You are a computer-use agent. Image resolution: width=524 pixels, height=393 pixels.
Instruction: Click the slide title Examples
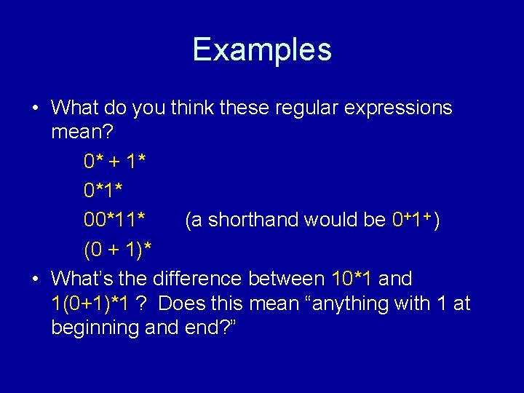[262, 49]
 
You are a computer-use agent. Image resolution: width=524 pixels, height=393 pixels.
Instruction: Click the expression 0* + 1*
[116, 160]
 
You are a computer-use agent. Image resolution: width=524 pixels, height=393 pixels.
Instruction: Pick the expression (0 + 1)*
[118, 250]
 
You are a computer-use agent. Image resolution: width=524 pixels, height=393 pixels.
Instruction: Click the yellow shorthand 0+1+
[410, 220]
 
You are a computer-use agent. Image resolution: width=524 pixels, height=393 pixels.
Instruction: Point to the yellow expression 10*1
[352, 279]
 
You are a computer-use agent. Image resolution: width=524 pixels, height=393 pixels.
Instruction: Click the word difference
[198, 279]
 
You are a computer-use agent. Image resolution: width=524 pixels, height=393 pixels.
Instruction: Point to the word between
[287, 279]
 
